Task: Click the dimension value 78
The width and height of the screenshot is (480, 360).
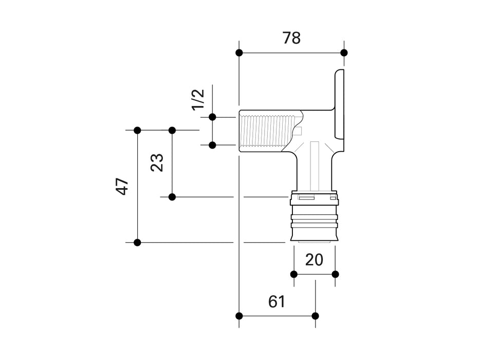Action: (291, 38)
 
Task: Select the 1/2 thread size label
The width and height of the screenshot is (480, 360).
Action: (198, 99)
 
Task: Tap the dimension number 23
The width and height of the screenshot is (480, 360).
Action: (157, 163)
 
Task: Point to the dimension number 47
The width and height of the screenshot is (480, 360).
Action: (122, 186)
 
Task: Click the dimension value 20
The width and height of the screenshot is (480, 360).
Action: (314, 260)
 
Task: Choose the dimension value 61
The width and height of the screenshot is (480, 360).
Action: (276, 302)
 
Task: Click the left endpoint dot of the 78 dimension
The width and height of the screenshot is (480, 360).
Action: (239, 52)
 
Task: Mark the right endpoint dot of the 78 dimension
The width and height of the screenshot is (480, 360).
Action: (344, 52)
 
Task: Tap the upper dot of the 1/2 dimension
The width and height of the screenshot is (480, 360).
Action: (212, 117)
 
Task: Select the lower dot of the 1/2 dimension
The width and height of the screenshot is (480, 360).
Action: (212, 145)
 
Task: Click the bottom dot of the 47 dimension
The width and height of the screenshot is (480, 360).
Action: (137, 242)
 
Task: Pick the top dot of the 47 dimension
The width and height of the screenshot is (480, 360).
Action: (137, 130)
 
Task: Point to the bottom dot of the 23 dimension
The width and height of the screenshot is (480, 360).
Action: (172, 197)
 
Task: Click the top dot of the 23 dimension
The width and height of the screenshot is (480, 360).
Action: (172, 130)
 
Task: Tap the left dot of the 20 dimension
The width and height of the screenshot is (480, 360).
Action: (294, 274)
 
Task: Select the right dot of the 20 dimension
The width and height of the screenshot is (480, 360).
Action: (335, 274)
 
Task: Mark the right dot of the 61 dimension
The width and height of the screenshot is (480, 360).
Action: (315, 315)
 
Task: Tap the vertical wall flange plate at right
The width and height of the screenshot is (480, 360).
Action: (340, 104)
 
